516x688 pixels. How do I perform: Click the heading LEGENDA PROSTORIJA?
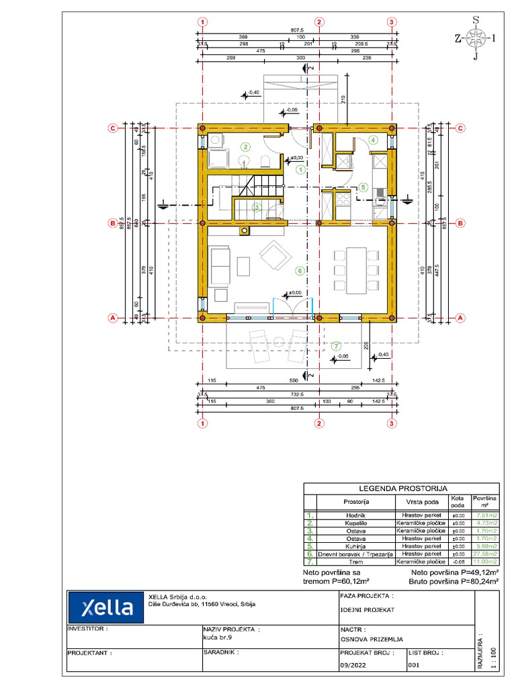tap(401, 488)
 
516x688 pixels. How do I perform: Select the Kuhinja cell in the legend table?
tap(355, 546)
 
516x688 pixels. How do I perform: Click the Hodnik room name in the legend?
tap(355, 515)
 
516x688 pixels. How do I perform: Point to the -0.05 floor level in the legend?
tap(458, 561)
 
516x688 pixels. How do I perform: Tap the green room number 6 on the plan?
tap(300, 271)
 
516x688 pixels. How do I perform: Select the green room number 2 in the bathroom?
tap(246, 146)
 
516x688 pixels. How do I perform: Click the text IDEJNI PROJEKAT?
tap(368, 610)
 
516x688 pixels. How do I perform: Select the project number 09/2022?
tap(353, 664)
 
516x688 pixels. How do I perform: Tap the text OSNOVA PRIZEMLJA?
tap(372, 640)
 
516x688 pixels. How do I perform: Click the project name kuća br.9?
tap(218, 638)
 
